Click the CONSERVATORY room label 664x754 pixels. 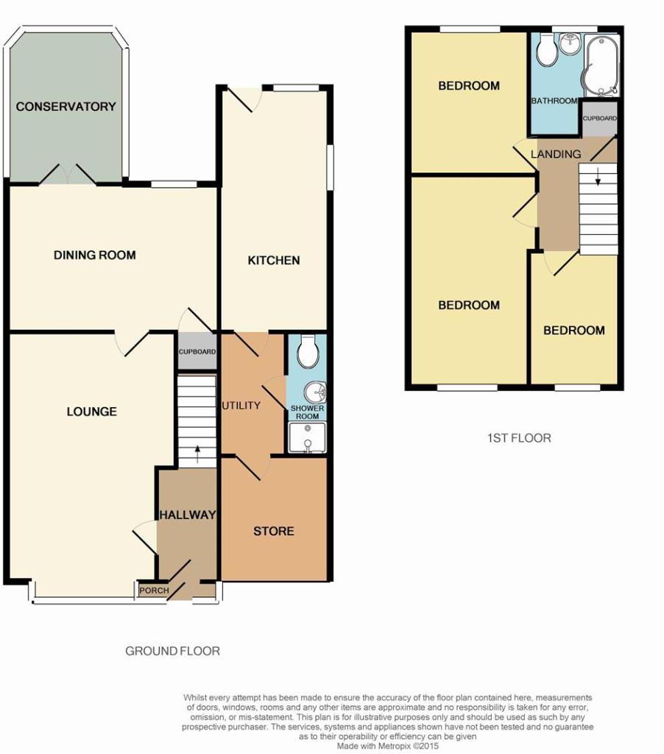(66, 106)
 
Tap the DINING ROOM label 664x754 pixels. (95, 255)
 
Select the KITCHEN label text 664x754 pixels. (274, 260)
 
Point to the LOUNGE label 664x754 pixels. (91, 412)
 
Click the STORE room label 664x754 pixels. (274, 531)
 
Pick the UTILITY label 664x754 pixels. (241, 406)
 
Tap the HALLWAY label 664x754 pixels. (188, 515)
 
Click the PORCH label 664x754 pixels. (154, 591)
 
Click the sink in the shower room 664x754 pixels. (315, 392)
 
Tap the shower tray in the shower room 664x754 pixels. (307, 437)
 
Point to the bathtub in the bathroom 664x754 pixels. (601, 65)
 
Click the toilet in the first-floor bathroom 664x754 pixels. (547, 49)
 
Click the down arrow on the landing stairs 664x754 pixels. (598, 177)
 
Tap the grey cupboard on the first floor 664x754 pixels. (599, 119)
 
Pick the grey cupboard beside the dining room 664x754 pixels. (197, 351)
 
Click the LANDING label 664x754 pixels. (556, 154)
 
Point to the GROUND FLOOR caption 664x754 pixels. (172, 651)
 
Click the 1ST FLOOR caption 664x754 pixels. (519, 438)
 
